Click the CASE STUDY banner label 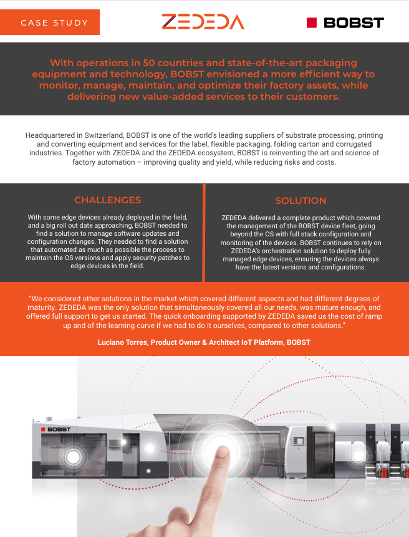(x=54, y=23)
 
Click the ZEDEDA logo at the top (x=203, y=22)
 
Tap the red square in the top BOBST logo (x=312, y=23)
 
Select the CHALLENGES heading (x=107, y=200)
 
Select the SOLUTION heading (x=301, y=201)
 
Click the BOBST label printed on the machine (x=58, y=430)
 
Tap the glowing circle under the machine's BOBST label (x=73, y=457)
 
